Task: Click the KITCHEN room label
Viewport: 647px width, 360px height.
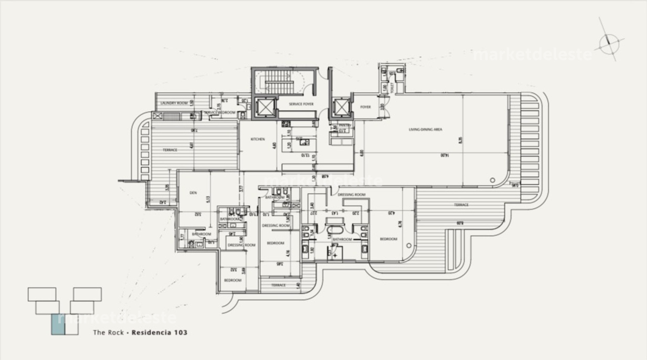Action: click(x=257, y=139)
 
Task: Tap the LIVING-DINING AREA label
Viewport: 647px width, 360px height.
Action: click(x=425, y=129)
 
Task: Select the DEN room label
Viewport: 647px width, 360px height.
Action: click(x=193, y=193)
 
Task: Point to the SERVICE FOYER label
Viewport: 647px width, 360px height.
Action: click(x=301, y=104)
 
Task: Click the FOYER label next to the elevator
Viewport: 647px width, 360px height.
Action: click(x=365, y=107)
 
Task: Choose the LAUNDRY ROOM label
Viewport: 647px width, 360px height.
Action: click(x=174, y=103)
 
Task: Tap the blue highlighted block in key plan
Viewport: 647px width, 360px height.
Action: click(x=57, y=325)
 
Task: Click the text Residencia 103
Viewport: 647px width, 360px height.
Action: click(x=159, y=332)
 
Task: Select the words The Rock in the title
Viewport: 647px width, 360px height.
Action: click(x=109, y=332)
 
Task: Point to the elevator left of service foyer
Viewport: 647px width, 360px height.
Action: click(x=264, y=107)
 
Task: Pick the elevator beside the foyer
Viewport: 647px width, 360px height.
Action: click(x=341, y=108)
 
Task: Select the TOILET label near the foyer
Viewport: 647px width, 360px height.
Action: click(x=392, y=88)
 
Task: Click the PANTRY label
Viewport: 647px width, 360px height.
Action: click(x=345, y=125)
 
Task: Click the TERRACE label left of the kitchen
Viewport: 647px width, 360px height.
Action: click(x=170, y=150)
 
